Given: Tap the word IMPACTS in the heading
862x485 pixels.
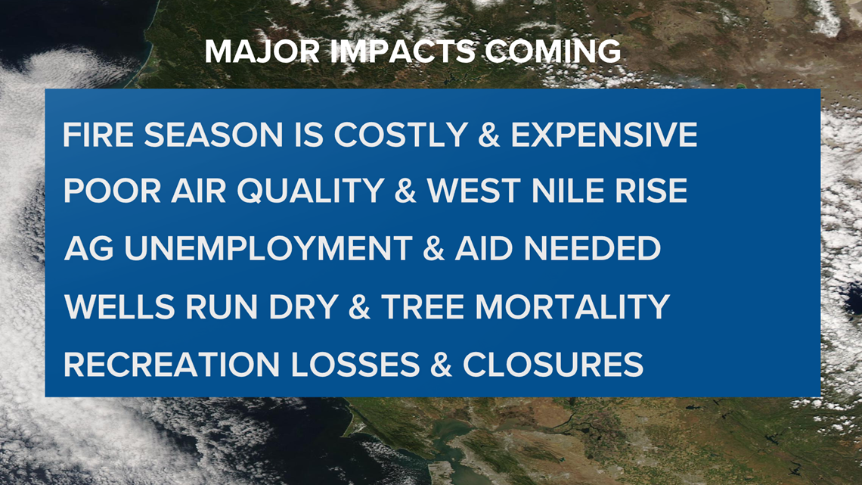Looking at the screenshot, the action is coord(404,51).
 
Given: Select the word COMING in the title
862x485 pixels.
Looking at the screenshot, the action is coord(553,51).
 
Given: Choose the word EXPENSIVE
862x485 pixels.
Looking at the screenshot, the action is coord(604,135).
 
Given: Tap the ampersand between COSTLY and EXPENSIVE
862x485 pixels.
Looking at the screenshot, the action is coord(489,135).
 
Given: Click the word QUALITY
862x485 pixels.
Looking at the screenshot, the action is coord(311,191).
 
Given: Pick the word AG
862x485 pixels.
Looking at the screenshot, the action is coord(88,248).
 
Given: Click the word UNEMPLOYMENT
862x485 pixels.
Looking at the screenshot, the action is coord(268,248).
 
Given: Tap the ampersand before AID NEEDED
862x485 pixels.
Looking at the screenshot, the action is coord(434,248).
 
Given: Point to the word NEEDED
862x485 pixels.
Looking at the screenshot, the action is coord(592,248).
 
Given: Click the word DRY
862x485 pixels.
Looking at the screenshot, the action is coord(303,307).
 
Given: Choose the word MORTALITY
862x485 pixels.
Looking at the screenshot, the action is coord(572,307).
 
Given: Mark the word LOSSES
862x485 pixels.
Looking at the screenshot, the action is coord(355,365).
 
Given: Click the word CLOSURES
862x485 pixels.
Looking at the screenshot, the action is coord(553,365).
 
